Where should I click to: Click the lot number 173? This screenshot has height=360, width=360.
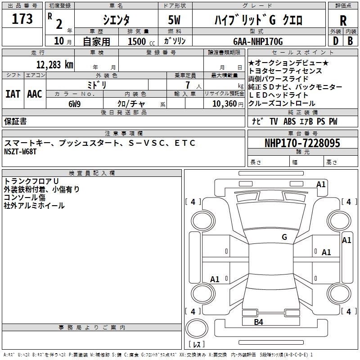(22, 19)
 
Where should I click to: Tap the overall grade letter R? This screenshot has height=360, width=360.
(343, 20)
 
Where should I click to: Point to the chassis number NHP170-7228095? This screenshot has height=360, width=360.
(302, 143)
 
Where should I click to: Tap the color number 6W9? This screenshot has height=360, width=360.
(75, 103)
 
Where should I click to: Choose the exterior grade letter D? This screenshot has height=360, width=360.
(335, 41)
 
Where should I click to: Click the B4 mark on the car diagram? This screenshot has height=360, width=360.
(258, 322)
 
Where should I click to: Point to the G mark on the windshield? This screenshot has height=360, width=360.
(284, 237)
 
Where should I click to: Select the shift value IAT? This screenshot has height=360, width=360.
(13, 94)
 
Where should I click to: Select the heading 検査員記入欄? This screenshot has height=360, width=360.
(92, 173)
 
